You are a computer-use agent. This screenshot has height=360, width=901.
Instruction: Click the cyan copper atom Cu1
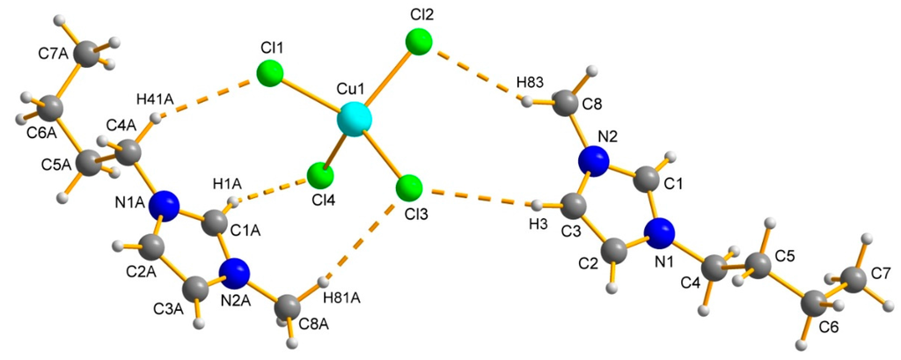click(355, 118)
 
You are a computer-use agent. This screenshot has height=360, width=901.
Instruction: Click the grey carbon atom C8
click(568, 106)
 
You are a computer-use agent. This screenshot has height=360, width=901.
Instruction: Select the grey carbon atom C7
click(853, 281)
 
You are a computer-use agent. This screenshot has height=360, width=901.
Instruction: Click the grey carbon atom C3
click(572, 209)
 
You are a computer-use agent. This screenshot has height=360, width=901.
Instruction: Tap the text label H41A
click(155, 98)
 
